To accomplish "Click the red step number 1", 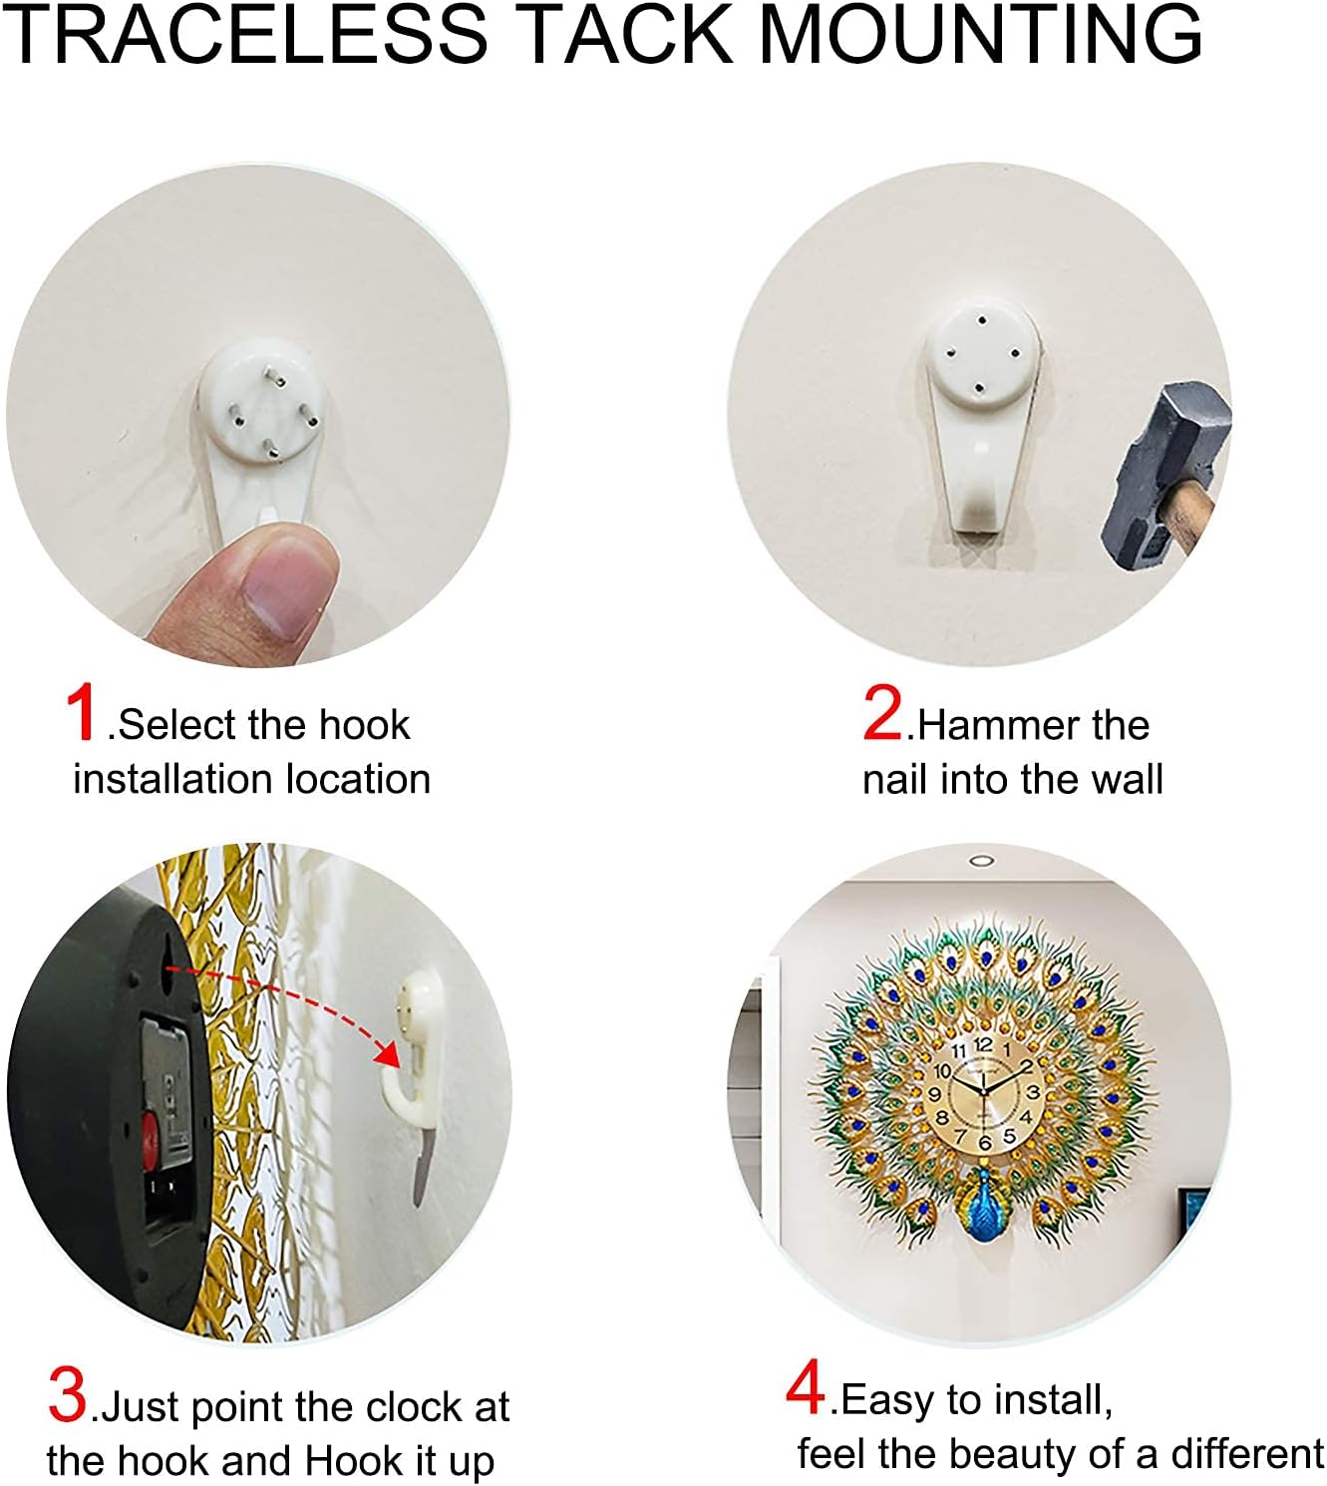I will (82, 712).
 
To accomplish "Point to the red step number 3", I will (68, 1395).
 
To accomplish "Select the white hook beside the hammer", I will (981, 419).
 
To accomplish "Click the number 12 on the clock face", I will (984, 1044).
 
